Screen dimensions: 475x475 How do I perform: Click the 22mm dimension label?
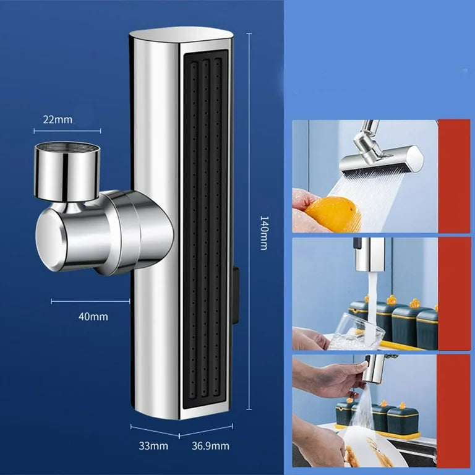pyautogui.click(x=58, y=119)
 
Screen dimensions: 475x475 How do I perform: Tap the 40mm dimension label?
pyautogui.click(x=93, y=317)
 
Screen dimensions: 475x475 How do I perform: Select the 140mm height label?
pyautogui.click(x=264, y=233)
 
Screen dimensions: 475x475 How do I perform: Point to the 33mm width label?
pyautogui.click(x=153, y=446)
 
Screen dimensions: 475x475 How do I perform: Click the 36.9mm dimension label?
pyautogui.click(x=210, y=446)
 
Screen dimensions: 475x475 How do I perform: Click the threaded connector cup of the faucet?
pyautogui.click(x=67, y=171)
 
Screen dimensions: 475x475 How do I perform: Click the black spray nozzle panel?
pyautogui.click(x=205, y=229)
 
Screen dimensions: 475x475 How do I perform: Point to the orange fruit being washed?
pyautogui.click(x=333, y=214)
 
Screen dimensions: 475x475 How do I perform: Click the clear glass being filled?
pyautogui.click(x=356, y=333)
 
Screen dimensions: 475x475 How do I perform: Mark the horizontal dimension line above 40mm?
pyautogui.click(x=90, y=301)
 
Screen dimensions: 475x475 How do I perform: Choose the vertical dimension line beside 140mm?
pyautogui.click(x=249, y=221)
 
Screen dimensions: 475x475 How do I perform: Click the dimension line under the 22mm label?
pyautogui.click(x=67, y=131)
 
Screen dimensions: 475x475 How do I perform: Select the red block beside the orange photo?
pyautogui.click(x=454, y=176)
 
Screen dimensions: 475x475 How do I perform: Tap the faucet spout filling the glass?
pyautogui.click(x=369, y=254)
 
